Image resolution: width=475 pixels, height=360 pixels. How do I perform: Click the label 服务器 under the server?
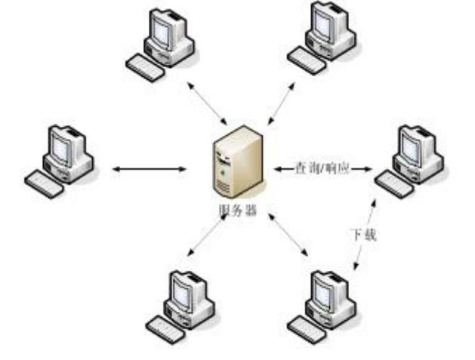point(239,211)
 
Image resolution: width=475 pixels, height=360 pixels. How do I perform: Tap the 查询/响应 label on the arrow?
point(322,168)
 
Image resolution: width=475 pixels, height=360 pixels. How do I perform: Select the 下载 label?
point(364,235)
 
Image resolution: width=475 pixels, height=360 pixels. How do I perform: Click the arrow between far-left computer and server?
point(149,168)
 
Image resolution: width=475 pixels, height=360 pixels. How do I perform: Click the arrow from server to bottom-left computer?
point(206,233)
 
